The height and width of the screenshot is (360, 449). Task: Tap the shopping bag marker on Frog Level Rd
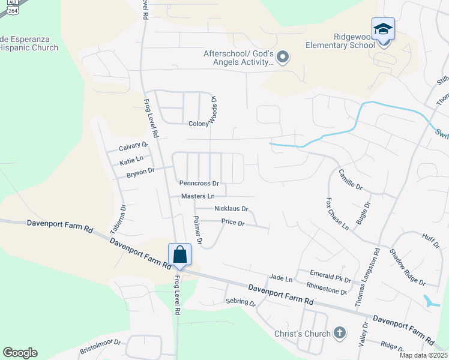click(x=180, y=255)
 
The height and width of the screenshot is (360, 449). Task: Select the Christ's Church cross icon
click(x=339, y=333)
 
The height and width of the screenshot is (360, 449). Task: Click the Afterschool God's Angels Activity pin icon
click(x=283, y=58)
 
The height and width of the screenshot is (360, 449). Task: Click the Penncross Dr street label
click(x=199, y=183)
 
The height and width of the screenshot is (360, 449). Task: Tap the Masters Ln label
click(x=198, y=196)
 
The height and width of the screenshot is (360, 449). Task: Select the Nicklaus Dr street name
click(x=231, y=209)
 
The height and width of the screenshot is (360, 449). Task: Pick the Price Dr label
click(x=233, y=223)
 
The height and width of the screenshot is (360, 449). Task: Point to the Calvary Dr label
click(x=133, y=146)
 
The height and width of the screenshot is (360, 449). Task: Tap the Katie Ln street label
click(x=131, y=160)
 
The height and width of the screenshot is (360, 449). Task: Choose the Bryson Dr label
click(x=141, y=174)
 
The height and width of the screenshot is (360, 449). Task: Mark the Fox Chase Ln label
click(x=337, y=214)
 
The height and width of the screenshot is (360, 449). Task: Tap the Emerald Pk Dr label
click(x=330, y=276)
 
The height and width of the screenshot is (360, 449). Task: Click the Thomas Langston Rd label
click(x=367, y=280)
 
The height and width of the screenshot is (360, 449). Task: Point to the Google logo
click(x=20, y=353)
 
